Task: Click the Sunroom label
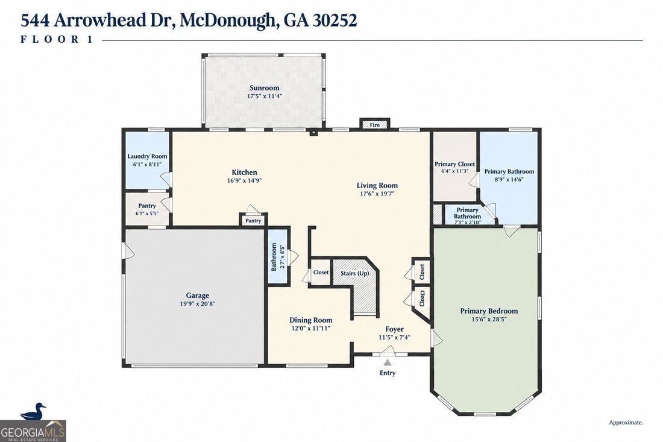tap(264, 88)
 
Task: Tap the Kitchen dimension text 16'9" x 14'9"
tap(244, 180)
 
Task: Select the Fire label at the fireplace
tap(375, 125)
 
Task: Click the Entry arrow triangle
tap(388, 362)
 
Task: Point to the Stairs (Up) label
tap(355, 273)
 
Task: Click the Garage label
tap(198, 295)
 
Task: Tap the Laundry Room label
tap(147, 157)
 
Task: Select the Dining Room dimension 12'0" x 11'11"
tap(311, 328)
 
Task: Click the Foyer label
tap(395, 329)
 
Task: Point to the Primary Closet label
tap(454, 164)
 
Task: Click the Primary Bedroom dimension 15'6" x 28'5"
tap(489, 320)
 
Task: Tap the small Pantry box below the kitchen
tap(253, 221)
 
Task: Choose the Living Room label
tap(377, 185)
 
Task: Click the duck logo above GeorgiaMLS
tap(33, 411)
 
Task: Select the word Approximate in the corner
tap(626, 422)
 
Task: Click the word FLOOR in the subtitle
tap(50, 40)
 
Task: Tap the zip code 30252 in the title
tap(335, 20)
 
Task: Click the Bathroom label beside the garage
tap(274, 257)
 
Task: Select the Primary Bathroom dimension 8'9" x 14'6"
tap(509, 179)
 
